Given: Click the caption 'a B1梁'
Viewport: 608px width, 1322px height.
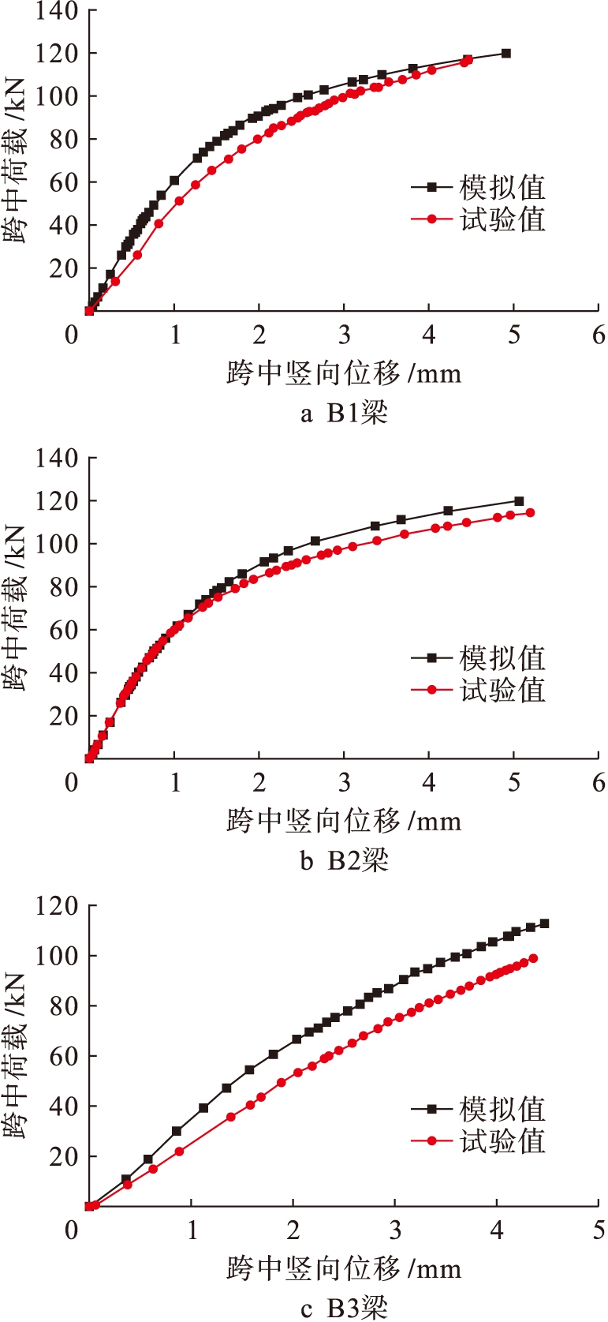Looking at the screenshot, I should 344,413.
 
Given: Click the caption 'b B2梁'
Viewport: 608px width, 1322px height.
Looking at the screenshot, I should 344,860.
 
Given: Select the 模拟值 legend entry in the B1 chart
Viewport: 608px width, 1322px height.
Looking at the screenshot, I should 478,188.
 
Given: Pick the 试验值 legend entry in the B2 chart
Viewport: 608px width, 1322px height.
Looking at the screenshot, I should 478,691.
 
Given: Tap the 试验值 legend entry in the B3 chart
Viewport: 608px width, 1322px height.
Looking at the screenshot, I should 478,1140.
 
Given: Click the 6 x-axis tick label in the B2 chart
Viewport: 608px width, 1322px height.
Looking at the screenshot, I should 599,782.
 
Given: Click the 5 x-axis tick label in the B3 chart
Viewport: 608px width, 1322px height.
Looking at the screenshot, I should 599,1230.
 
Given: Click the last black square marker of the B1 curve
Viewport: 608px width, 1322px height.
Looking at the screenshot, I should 506,54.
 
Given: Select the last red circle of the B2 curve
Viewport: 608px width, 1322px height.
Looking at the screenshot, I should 530,513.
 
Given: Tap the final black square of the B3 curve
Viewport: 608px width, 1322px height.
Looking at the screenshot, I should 544,923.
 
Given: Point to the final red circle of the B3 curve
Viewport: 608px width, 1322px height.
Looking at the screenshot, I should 534,958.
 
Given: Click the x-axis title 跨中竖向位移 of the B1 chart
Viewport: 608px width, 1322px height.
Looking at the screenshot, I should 344,373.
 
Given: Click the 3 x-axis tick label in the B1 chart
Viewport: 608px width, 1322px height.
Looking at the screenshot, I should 344,335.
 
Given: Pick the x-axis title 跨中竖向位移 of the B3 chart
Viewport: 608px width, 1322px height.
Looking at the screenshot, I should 344,1269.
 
